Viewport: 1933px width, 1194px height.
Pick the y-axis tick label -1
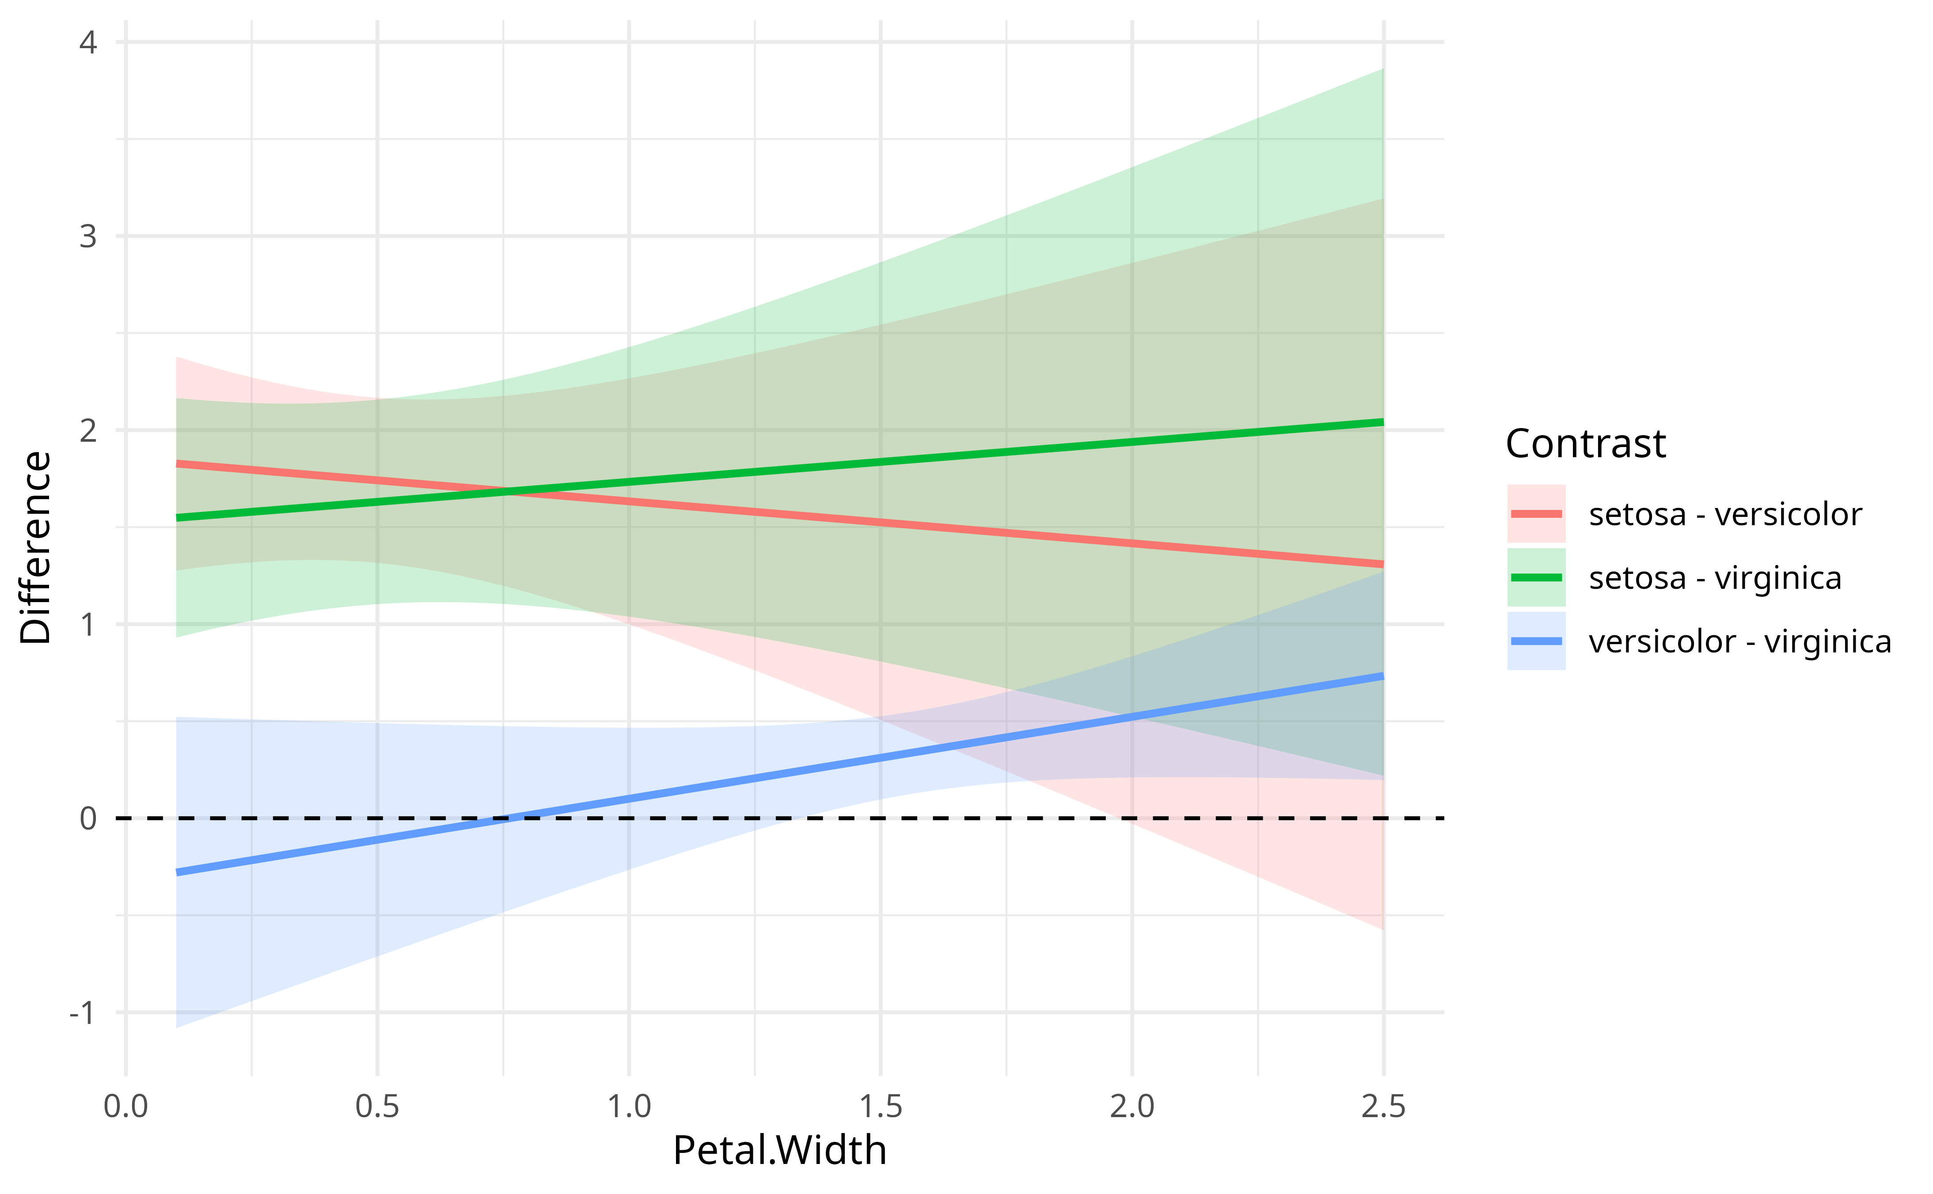click(x=82, y=1012)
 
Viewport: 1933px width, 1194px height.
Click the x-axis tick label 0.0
click(x=125, y=1107)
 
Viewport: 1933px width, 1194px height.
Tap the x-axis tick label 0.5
click(x=377, y=1107)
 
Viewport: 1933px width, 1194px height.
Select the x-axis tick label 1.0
click(x=629, y=1107)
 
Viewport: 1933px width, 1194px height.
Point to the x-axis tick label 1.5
click(x=881, y=1107)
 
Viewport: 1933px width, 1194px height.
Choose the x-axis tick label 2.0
click(x=1132, y=1107)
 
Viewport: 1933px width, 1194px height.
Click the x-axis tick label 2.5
click(x=1383, y=1107)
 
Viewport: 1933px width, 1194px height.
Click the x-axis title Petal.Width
click(x=779, y=1151)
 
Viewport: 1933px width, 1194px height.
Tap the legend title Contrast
click(x=1586, y=444)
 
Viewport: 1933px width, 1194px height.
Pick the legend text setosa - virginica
click(x=1715, y=578)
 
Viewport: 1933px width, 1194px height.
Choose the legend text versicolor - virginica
click(x=1739, y=642)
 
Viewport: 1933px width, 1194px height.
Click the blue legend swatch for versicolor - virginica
click(x=1536, y=641)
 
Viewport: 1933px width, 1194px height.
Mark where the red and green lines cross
click(x=517, y=492)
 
